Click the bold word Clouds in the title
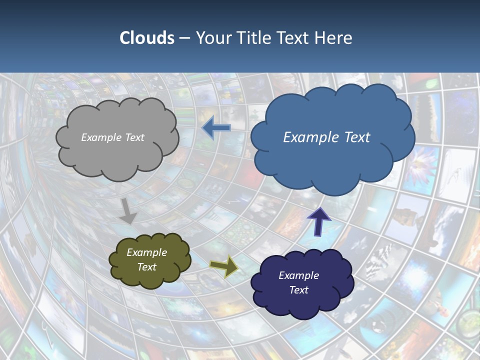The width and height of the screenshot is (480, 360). [147, 38]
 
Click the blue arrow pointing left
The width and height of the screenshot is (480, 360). [216, 128]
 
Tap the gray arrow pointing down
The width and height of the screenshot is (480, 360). [128, 211]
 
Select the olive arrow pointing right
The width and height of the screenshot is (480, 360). [223, 267]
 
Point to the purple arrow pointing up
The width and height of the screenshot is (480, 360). [318, 221]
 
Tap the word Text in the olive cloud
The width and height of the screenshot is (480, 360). [146, 267]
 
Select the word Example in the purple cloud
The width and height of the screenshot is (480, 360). [298, 275]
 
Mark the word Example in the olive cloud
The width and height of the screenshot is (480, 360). [146, 252]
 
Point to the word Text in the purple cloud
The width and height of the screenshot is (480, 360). [298, 290]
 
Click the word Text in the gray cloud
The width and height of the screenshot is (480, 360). [134, 137]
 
